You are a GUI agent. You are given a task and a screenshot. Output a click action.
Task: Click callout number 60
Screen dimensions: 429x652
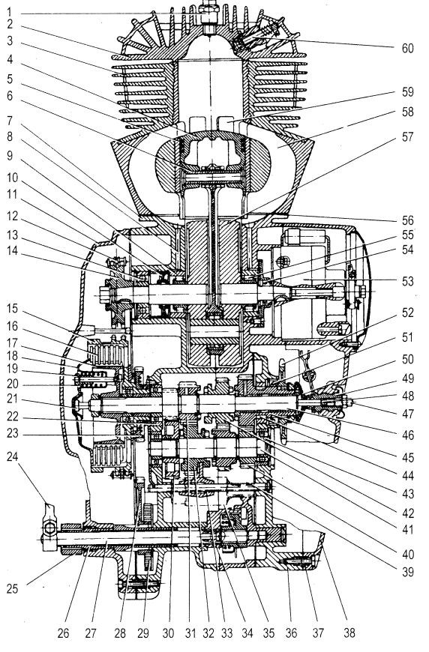click(407, 48)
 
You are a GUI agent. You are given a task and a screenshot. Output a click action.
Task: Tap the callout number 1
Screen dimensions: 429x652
click(9, 11)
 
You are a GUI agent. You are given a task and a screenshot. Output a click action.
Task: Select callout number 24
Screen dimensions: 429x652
click(12, 456)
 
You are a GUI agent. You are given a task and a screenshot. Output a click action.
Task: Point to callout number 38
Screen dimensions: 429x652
click(349, 633)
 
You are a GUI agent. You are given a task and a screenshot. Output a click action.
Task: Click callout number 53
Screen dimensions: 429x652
click(407, 281)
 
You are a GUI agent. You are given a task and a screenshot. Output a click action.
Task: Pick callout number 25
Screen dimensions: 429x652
click(12, 588)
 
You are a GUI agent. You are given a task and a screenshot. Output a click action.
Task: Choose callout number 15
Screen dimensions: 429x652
click(12, 309)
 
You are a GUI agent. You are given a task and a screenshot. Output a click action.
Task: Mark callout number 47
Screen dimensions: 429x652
click(407, 414)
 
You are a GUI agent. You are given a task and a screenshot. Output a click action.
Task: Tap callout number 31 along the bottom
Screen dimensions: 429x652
click(190, 633)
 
